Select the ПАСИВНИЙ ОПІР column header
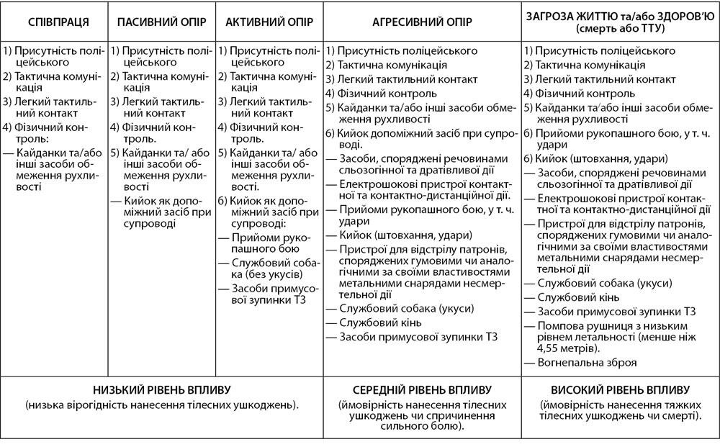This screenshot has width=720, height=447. (x=161, y=21)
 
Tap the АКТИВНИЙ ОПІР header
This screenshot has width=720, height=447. (x=269, y=21)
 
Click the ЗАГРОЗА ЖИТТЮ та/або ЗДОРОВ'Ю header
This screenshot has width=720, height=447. (x=620, y=15)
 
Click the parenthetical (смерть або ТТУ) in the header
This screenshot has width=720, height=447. (x=620, y=29)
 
